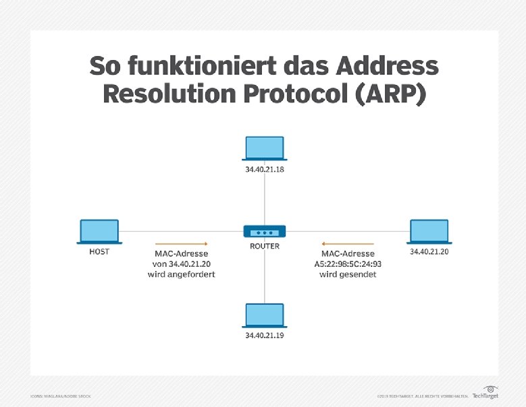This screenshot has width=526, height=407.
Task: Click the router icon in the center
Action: (265, 231)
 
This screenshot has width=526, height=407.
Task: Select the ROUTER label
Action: (265, 246)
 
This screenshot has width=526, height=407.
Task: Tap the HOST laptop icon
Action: (99, 231)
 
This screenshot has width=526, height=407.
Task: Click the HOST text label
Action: (99, 251)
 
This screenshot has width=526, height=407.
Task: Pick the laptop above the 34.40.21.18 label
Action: (265, 149)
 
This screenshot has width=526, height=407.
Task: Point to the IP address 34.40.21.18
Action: (265, 170)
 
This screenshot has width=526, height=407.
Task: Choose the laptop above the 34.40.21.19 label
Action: (265, 315)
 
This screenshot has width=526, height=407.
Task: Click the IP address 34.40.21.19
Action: (265, 335)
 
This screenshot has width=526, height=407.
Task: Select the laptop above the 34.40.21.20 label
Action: (429, 231)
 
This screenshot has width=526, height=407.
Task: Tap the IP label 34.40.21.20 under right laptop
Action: (429, 251)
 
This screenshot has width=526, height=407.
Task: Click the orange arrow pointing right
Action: (181, 243)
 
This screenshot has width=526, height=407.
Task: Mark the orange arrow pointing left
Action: (347, 243)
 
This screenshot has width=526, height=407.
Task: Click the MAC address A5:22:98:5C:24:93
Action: (347, 264)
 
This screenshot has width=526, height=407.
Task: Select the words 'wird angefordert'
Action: (181, 275)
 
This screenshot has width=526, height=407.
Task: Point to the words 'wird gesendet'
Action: (347, 275)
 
